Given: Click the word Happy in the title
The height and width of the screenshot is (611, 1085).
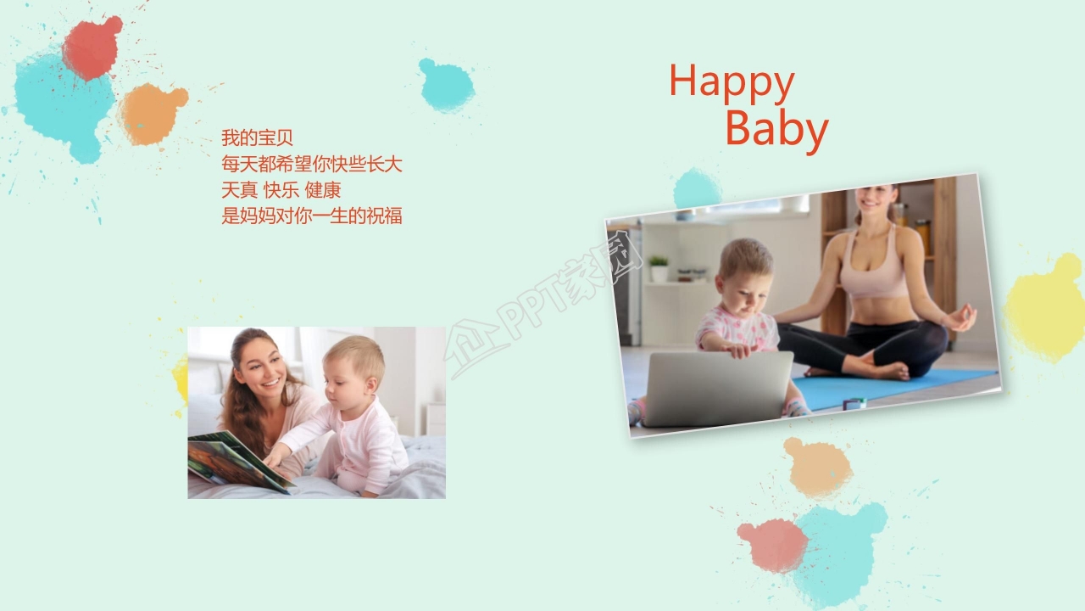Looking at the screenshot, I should pyautogui.click(x=731, y=83).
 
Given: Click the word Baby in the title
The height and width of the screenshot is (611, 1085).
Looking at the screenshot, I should pyautogui.click(x=776, y=129).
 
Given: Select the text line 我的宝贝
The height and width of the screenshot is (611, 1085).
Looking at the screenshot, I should pyautogui.click(x=257, y=137).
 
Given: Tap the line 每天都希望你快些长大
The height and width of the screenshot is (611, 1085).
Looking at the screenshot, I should pyautogui.click(x=311, y=164).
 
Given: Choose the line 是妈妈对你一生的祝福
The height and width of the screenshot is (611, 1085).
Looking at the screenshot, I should pyautogui.click(x=311, y=216).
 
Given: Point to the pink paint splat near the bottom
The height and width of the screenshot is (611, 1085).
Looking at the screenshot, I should pyautogui.click(x=772, y=545).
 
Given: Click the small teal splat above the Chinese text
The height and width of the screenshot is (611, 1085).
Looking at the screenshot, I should pyautogui.click(x=446, y=86).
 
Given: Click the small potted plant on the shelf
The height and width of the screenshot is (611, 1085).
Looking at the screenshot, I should pyautogui.click(x=659, y=269).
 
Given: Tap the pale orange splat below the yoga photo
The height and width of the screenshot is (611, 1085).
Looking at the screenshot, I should pyautogui.click(x=817, y=467).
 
